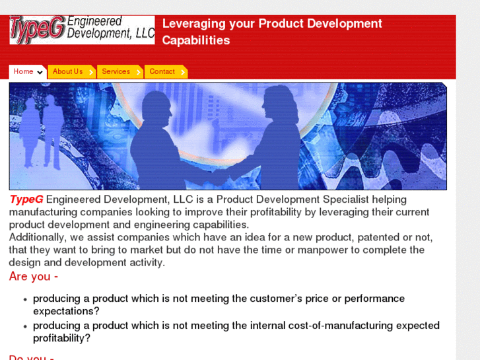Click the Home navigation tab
[23, 72]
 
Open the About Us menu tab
[68, 72]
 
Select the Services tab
[116, 72]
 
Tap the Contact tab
[162, 72]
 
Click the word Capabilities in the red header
[196, 40]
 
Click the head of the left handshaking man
[157, 106]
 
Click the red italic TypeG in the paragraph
[26, 199]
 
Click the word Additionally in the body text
[38, 237]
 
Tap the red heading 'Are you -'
[34, 277]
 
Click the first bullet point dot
[25, 299]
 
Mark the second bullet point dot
[25, 326]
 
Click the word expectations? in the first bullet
[66, 311]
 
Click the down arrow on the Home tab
[40, 73]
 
